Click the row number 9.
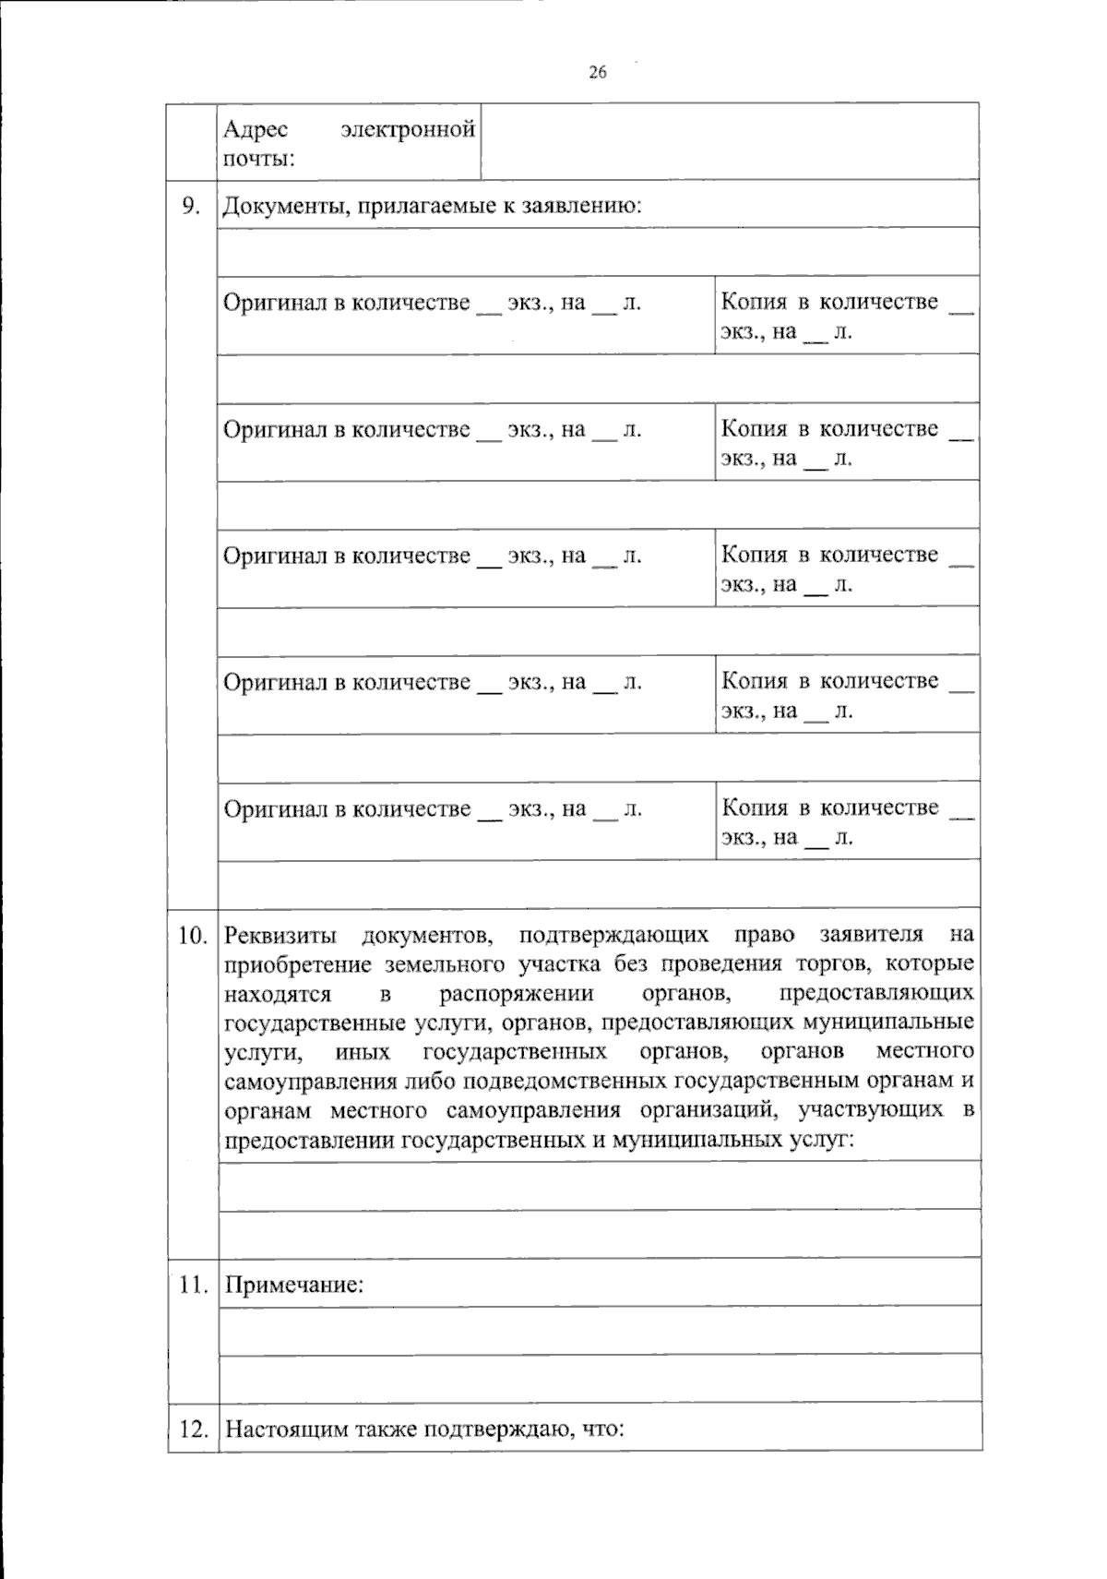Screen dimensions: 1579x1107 (190, 206)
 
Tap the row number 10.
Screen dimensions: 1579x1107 (192, 936)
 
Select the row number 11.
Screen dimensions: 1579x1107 (192, 1285)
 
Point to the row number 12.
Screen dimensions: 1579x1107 (192, 1429)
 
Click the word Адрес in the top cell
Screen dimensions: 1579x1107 (256, 130)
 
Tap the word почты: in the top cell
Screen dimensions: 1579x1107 (259, 159)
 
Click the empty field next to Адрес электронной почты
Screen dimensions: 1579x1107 (729, 141)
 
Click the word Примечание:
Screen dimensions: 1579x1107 (294, 1285)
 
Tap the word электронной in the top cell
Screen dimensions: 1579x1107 (408, 130)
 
